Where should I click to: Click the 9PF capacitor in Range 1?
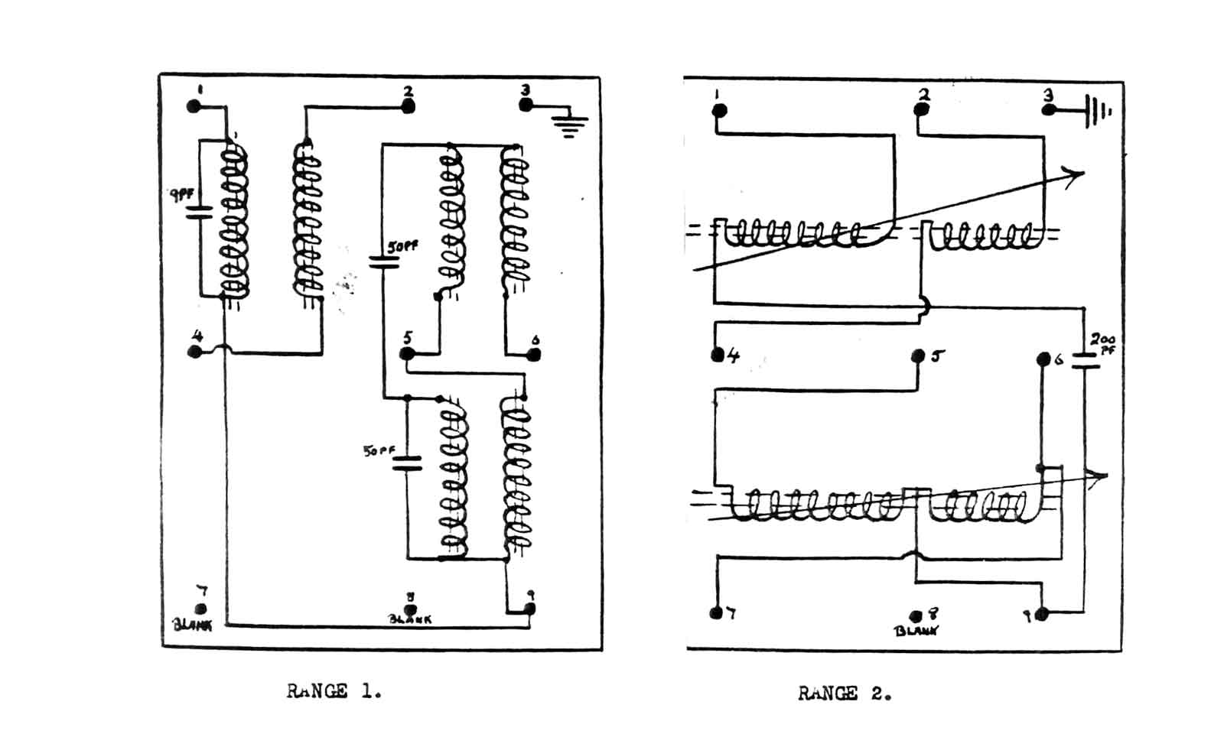point(199,212)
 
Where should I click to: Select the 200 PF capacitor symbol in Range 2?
point(1085,360)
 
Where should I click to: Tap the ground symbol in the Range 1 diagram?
point(570,125)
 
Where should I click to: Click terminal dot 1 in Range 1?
point(194,107)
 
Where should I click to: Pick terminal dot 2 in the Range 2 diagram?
point(922,109)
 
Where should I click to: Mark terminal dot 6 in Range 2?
point(1043,359)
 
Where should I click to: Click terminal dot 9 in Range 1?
point(529,609)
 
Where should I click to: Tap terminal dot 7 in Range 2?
point(717,613)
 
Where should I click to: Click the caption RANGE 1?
point(334,691)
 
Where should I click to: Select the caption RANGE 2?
point(845,693)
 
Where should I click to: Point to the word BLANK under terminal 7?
point(193,625)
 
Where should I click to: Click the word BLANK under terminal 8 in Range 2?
point(916,631)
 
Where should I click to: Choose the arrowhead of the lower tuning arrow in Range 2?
point(1100,478)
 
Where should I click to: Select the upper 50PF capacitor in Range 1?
point(384,262)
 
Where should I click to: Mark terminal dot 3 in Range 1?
point(526,104)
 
